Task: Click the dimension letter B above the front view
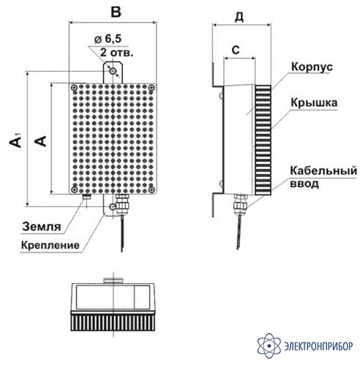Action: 116,12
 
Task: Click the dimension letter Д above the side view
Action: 239,17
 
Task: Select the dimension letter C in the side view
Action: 236,50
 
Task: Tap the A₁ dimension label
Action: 15,140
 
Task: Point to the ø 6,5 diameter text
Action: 108,39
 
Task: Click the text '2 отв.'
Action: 117,52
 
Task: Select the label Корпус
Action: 312,67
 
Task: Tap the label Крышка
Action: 314,102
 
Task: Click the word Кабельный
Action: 323,171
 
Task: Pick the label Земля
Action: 42,226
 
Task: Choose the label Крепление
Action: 50,245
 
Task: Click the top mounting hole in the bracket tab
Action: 113,71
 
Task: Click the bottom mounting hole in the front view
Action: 113,207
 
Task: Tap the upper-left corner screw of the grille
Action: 74,87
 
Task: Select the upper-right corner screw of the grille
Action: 151,87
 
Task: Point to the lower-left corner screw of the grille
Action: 74,190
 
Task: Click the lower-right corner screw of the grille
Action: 151,190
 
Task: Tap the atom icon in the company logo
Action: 269,346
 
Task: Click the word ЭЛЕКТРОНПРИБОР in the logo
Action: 318,346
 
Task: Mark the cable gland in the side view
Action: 240,204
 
